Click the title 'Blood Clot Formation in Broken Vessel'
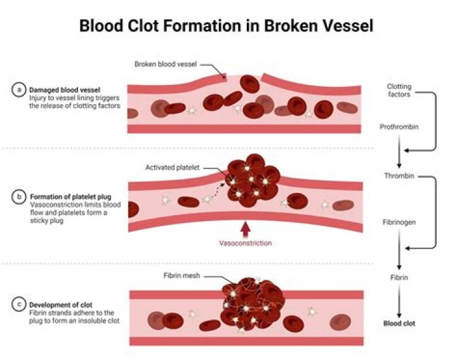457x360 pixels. pos(226,26)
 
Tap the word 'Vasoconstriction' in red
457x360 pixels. pos(245,243)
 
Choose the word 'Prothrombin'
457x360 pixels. pos(399,126)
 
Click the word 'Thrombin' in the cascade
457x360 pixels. pos(399,176)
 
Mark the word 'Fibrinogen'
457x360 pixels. pos(399,223)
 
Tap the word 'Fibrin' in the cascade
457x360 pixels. pos(399,277)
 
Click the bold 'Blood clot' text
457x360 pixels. pos(399,323)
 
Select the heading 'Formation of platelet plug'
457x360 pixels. pos(70,197)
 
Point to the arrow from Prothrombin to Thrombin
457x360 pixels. pos(399,151)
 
